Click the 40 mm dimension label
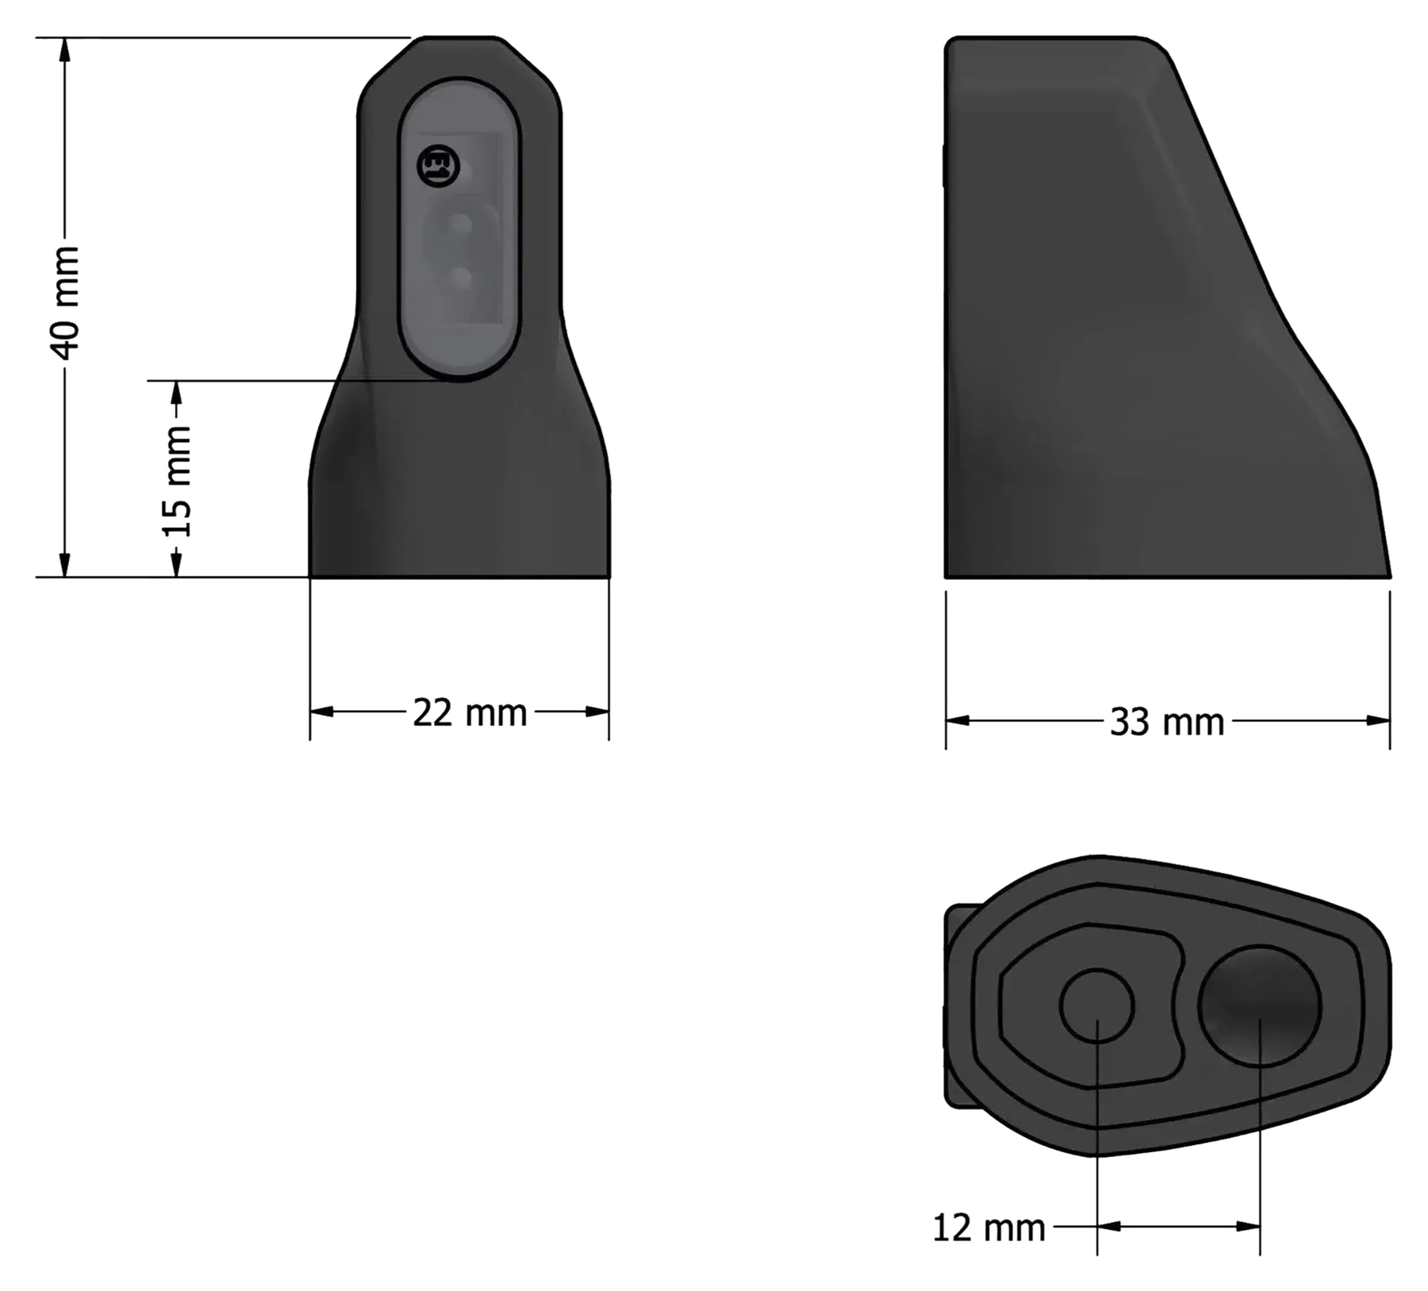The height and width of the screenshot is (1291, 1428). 65,302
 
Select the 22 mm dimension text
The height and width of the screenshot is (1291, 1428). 470,713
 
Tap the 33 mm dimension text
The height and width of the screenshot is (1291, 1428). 1167,723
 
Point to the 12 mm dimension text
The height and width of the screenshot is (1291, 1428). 988,1228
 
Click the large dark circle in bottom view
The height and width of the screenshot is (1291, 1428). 1259,1005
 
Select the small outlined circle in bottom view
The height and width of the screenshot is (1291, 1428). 1096,1005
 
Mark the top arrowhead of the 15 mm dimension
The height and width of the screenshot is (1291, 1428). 177,393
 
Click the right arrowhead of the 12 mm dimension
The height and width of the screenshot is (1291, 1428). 1249,1227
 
